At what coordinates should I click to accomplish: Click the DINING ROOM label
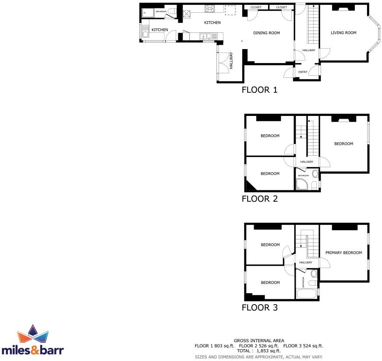click(266, 33)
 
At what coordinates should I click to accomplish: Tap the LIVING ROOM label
click(343, 33)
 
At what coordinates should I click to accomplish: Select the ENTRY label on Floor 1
click(303, 72)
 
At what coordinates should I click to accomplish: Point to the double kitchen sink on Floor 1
click(206, 36)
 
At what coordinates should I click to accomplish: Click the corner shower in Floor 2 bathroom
click(301, 185)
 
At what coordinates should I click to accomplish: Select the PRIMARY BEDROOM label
click(343, 253)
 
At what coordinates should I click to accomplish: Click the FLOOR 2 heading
click(260, 199)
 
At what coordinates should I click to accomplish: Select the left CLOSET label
click(256, 7)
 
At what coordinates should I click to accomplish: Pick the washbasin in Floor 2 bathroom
click(315, 174)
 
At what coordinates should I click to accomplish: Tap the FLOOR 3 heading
click(260, 308)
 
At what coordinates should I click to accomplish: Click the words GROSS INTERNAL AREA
click(259, 340)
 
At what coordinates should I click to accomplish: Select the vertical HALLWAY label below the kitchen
click(231, 61)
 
